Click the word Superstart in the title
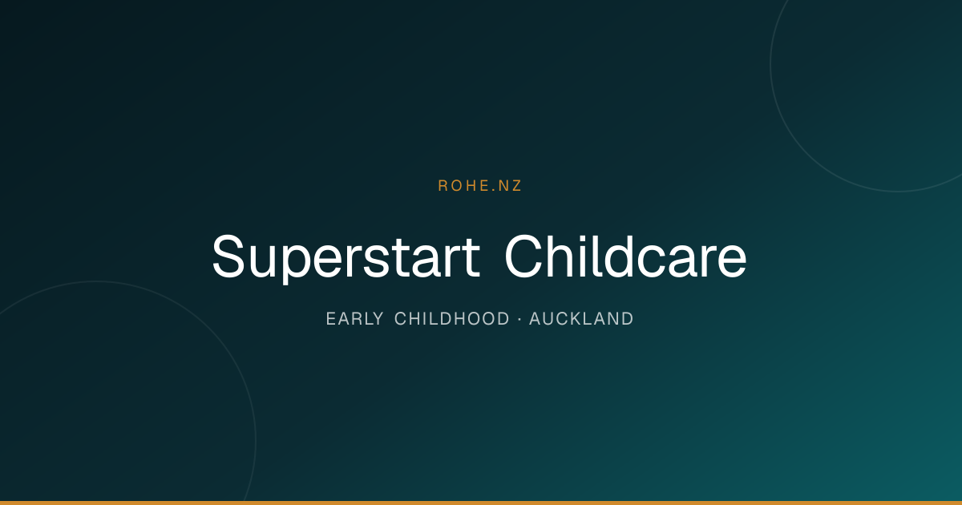346,257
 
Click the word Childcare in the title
626,257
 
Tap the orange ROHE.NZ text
479,185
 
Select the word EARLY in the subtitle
354,319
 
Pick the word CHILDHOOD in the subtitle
452,319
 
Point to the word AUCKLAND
581,319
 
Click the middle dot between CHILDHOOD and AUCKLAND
519,319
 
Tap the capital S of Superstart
228,257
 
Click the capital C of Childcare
523,257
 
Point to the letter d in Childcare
619,257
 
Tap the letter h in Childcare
560,257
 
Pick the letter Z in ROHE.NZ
516,185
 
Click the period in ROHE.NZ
494,190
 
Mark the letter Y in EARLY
378,319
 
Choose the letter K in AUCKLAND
573,319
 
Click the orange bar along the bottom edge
481,503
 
